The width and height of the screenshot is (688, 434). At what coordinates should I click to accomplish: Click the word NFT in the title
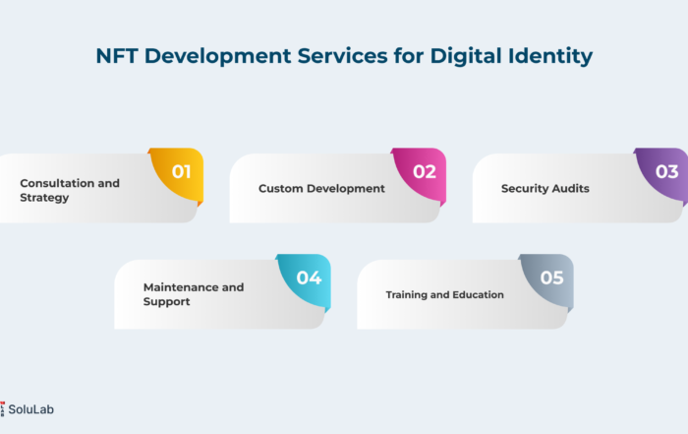coord(117,56)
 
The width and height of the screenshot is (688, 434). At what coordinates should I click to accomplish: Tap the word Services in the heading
coord(342,56)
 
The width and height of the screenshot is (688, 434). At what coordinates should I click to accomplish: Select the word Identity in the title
coord(550,57)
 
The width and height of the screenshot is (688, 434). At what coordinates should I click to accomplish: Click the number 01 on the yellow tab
coord(181,172)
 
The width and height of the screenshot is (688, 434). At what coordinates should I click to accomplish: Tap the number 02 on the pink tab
coord(425,172)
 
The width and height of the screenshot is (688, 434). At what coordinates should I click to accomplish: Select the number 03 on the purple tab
coord(667,172)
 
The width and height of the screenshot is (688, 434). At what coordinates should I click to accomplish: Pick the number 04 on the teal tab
coord(309,278)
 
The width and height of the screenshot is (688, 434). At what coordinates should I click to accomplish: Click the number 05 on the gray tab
coord(551,278)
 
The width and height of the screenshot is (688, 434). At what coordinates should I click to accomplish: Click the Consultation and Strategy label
coord(70,190)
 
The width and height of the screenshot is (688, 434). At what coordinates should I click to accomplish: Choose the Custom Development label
coord(321,188)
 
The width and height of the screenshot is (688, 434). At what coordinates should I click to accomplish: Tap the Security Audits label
coord(545,188)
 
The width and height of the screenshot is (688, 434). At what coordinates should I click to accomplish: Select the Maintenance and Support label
coord(194,294)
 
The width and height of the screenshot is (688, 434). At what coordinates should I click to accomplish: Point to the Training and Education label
coord(445,295)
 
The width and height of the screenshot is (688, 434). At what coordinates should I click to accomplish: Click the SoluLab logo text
coord(31,409)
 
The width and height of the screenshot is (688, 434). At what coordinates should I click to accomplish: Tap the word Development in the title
coord(217,57)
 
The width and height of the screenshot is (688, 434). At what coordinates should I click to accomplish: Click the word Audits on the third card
coord(570,188)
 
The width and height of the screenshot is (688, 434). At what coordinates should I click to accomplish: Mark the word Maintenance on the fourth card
coord(181,287)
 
